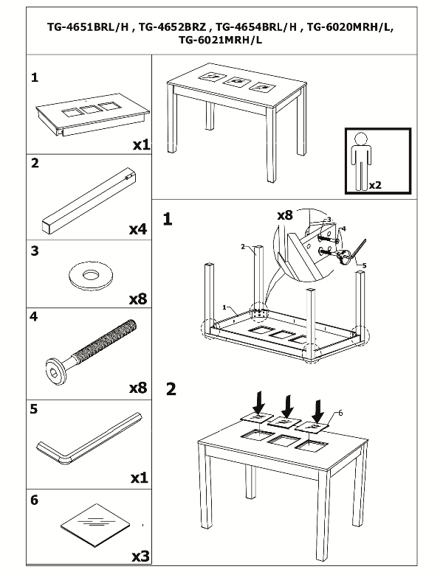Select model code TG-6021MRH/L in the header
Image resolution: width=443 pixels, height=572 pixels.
click(221, 41)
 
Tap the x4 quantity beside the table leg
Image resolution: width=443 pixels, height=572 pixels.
click(138, 229)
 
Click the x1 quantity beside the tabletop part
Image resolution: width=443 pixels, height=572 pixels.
click(140, 144)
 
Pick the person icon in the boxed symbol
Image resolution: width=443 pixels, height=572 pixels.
click(361, 159)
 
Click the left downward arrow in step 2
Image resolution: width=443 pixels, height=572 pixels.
click(258, 402)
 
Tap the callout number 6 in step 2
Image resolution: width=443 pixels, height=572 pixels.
click(340, 413)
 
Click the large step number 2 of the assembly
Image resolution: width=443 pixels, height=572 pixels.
click(171, 388)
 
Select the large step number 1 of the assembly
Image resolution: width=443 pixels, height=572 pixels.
click(168, 219)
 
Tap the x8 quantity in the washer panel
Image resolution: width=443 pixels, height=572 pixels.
click(138, 299)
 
